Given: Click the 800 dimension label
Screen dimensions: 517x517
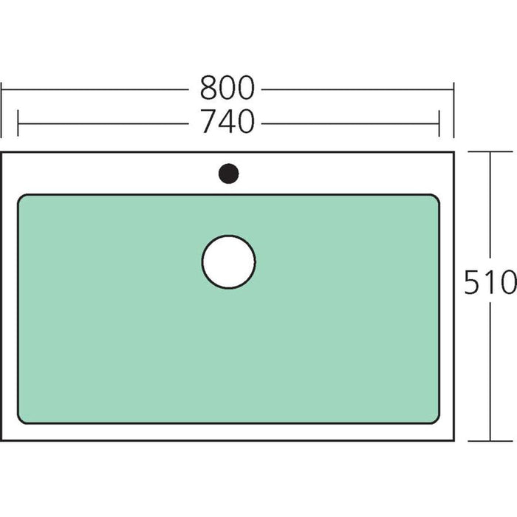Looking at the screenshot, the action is tap(227, 87).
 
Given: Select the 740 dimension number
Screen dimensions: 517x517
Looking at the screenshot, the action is tap(227, 121).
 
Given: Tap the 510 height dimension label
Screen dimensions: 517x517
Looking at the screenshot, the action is tap(490, 282).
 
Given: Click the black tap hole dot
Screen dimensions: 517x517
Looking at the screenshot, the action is tap(228, 174).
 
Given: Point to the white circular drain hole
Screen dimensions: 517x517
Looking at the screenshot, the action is tap(228, 261).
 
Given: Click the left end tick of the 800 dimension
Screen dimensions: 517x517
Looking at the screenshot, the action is tap(1, 110).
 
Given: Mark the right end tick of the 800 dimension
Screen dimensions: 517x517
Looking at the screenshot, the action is tap(453, 110).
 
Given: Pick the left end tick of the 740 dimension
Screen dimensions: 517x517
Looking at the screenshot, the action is tap(18, 123).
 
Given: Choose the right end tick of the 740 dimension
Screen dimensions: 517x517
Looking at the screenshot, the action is tap(439, 123).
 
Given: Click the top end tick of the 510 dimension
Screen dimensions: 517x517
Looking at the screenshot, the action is tap(490, 151).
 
